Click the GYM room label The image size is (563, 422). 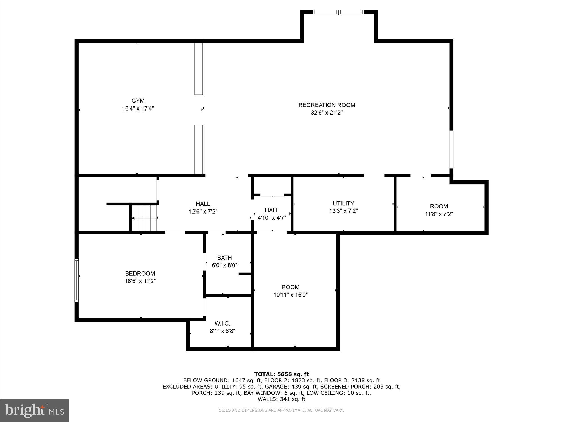[x=138, y=101]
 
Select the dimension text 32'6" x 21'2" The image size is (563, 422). [x=327, y=113]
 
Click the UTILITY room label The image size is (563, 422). [x=343, y=203]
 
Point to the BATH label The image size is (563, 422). [x=224, y=258]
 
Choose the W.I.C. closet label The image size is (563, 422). [x=222, y=324]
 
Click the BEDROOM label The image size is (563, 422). [x=140, y=273]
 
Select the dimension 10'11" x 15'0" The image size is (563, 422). [x=291, y=295]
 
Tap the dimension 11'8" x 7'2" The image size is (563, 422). [x=439, y=214]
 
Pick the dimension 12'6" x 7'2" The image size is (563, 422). [x=203, y=211]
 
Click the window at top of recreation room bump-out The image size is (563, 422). [x=339, y=12]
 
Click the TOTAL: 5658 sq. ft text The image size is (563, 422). [x=281, y=374]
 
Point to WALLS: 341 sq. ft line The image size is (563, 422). [x=281, y=399]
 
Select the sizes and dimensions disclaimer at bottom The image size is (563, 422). [x=281, y=410]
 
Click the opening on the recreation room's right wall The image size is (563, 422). [x=451, y=149]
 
